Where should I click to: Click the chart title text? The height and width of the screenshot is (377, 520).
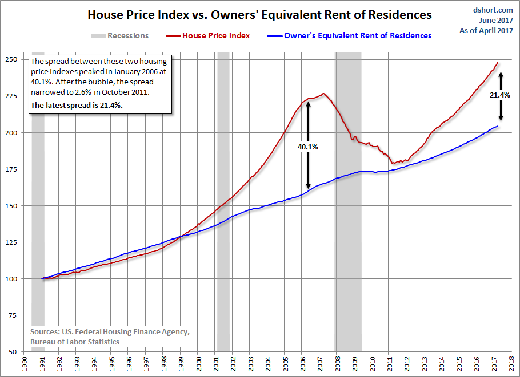[259, 14]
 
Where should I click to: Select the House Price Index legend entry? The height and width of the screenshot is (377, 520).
[216, 35]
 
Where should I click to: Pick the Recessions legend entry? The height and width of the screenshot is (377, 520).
[127, 35]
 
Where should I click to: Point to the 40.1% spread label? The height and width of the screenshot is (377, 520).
[308, 147]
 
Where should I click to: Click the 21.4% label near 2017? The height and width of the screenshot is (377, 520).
[500, 95]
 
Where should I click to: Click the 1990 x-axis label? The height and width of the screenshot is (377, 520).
[25, 362]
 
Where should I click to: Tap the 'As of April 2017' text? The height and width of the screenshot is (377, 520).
[487, 30]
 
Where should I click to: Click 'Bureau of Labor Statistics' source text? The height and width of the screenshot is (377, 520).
[75, 341]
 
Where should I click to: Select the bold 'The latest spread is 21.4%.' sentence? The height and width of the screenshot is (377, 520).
[76, 105]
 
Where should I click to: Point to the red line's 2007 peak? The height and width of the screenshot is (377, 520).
[323, 94]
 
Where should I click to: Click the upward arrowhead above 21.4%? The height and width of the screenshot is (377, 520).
[501, 74]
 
